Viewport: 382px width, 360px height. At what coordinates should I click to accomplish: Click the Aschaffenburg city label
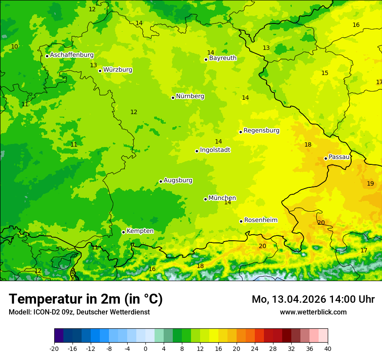coord(72,55)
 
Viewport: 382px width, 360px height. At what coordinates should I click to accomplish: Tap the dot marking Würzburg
coord(100,71)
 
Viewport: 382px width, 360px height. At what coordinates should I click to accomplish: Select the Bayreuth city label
coord(223,58)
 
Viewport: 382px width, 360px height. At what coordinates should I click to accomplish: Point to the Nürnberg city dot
coord(173,98)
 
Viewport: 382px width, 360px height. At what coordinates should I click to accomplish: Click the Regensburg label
coord(261,131)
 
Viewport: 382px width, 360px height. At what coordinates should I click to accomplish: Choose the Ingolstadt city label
coord(215,150)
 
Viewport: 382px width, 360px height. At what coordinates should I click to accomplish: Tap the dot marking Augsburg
coord(161,181)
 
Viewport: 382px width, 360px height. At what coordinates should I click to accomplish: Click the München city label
coord(222,198)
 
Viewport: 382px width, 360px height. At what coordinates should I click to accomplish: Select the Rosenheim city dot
coord(241,221)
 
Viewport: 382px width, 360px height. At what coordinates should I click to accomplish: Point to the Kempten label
coord(140,231)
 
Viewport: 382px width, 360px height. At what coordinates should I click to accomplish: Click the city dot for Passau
coord(326,158)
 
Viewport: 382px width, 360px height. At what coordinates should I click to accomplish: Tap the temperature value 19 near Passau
coord(370,183)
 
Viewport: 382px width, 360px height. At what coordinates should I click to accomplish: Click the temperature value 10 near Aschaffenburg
coord(15,46)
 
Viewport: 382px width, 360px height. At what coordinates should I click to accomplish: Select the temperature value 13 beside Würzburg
coord(93,65)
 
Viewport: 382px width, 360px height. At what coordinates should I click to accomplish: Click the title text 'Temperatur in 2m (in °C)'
coord(86,299)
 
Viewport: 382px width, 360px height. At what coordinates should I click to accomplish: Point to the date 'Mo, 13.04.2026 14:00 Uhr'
coord(313,299)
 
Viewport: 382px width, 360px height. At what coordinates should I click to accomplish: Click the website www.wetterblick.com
coord(313,312)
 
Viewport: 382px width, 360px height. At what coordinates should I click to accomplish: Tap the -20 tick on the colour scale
coord(54,349)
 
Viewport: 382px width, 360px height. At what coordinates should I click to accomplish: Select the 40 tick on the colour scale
coord(328,349)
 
